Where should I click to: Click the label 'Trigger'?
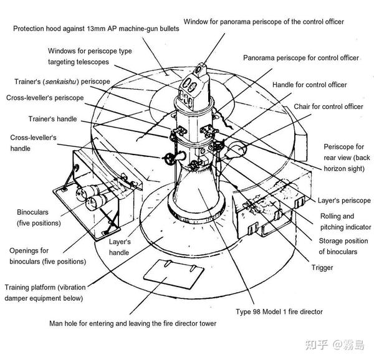[321, 267]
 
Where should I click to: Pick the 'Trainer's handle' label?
[52, 118]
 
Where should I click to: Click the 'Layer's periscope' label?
[344, 201]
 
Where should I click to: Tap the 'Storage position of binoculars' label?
[338, 246]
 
